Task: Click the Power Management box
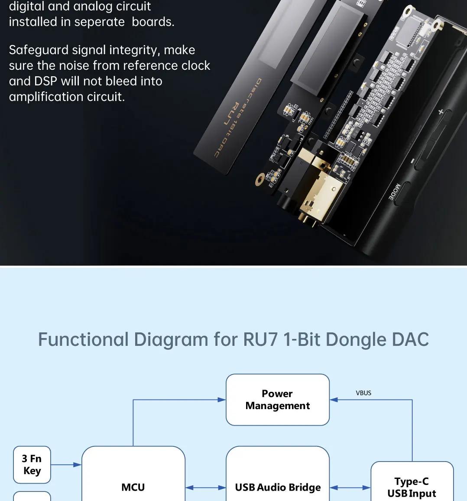point(278,400)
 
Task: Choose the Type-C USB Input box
point(412,481)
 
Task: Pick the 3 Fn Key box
point(32,465)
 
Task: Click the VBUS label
point(363,393)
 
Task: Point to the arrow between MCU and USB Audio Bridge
point(206,488)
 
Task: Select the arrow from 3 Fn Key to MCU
point(66,465)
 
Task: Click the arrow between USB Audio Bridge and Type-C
point(350,488)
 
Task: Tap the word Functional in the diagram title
point(83,339)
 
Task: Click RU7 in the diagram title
point(260,339)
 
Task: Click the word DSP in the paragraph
point(45,81)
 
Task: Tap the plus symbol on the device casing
point(441,111)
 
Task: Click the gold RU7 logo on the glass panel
point(231,114)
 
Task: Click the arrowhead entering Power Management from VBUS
point(334,400)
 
